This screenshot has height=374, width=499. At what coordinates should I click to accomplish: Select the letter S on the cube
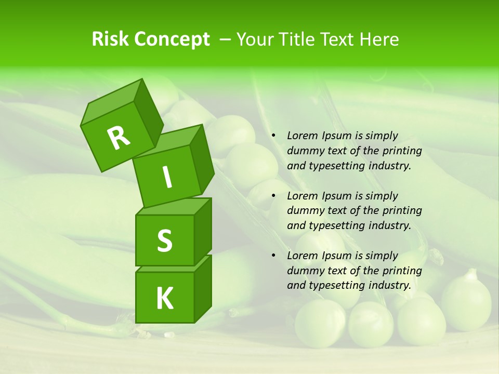click(x=164, y=241)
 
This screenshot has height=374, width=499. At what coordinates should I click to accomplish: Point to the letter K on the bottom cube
click(x=164, y=298)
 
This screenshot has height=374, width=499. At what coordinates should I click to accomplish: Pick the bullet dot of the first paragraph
click(x=273, y=136)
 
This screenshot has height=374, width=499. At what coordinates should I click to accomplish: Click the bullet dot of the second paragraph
click(x=273, y=196)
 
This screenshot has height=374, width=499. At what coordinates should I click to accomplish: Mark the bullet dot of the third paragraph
click(x=273, y=256)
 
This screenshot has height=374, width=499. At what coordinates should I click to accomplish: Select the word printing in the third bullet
click(x=402, y=271)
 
